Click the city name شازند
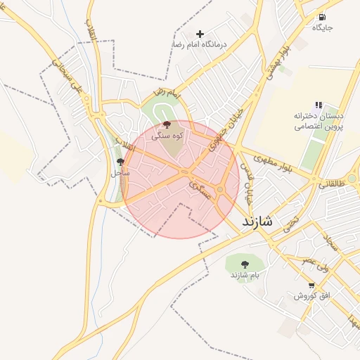pos(261,221)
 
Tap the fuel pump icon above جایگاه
pos(322,18)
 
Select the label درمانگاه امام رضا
pos(200,44)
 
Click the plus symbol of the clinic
pos(200,34)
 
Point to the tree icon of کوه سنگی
pos(166,124)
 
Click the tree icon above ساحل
pos(120,162)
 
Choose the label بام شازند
pos(245,274)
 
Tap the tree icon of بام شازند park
pos(245,264)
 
